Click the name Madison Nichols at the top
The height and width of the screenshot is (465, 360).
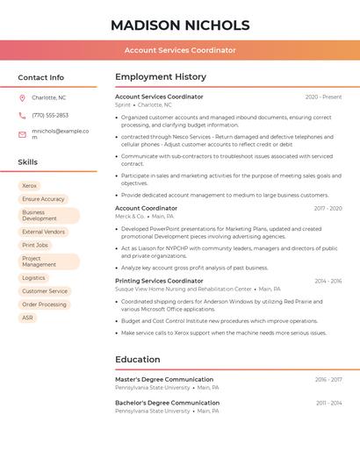point(179,25)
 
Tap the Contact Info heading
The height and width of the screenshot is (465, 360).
point(41,77)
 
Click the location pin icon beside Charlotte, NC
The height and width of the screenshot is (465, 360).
point(22,97)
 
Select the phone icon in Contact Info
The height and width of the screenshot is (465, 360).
point(22,115)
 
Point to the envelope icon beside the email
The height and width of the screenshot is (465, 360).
point(22,134)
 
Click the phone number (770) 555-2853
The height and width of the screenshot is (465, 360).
point(50,115)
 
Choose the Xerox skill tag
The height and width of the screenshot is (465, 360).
point(29,186)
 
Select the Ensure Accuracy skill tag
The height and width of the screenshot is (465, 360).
point(43,199)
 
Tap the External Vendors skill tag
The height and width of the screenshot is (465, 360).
point(43,232)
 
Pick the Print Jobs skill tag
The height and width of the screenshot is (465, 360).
point(35,245)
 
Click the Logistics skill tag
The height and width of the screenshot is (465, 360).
point(33,278)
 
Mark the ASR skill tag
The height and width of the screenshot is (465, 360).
point(28,318)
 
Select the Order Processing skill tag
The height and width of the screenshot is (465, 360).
point(44,304)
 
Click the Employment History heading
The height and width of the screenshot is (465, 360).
point(161,77)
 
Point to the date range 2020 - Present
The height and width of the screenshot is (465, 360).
point(323,97)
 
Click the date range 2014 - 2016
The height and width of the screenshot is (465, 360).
point(328,281)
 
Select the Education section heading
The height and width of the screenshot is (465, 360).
point(139,359)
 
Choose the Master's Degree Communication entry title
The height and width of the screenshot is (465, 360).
point(164,379)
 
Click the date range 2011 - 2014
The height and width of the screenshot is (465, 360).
point(329,403)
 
